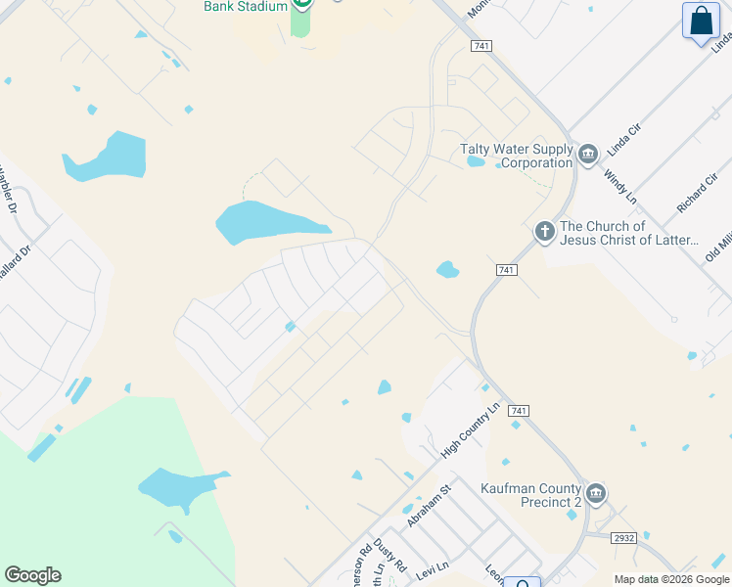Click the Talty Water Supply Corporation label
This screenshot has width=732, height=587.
(516, 156)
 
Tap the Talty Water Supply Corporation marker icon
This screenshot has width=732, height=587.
(588, 154)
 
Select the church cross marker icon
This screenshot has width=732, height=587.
(544, 232)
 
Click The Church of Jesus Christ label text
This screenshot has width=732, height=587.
(629, 233)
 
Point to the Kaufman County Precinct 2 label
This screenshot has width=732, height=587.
(530, 495)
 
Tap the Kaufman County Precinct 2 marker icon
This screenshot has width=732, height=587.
(595, 492)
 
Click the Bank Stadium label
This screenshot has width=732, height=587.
(245, 6)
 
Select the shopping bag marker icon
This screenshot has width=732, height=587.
(702, 21)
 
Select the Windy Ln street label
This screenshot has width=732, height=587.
(620, 185)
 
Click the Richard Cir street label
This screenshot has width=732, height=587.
(697, 195)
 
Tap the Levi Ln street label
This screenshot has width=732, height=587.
(433, 566)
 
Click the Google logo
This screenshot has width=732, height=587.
(32, 575)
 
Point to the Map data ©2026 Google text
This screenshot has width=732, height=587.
(671, 579)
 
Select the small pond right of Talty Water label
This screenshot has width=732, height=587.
(476, 160)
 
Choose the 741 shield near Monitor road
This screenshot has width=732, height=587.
(480, 46)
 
